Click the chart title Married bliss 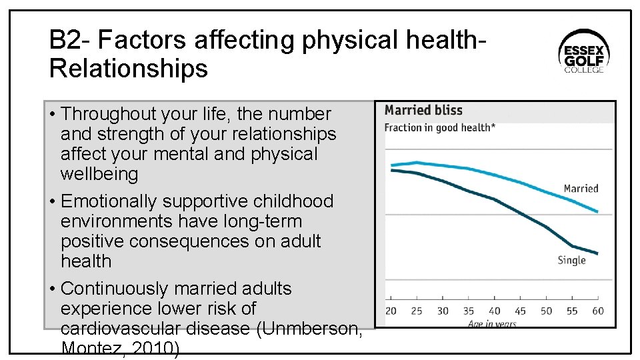click(x=423, y=111)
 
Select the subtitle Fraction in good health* click(x=439, y=127)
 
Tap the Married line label click(x=581, y=189)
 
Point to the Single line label click(x=571, y=260)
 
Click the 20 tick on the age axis click(x=391, y=311)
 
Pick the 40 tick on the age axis click(x=494, y=311)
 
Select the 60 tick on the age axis click(x=597, y=311)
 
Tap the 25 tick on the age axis click(x=417, y=311)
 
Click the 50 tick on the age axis click(x=546, y=311)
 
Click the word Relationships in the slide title click(x=129, y=68)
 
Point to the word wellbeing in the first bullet click(x=99, y=175)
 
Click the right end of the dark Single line click(x=597, y=254)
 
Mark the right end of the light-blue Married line click(x=597, y=212)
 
